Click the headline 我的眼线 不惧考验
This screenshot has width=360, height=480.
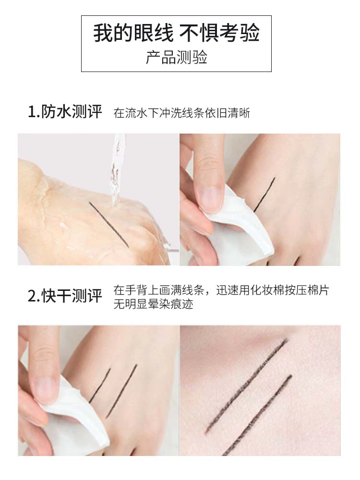(x=176, y=33)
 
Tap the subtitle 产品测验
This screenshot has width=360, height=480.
(x=176, y=57)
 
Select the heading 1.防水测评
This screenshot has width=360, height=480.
(x=65, y=111)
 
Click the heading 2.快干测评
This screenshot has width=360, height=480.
(x=65, y=296)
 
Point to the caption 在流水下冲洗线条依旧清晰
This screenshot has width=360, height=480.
(x=181, y=113)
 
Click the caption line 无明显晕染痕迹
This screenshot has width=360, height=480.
(x=154, y=304)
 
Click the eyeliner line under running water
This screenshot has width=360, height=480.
(x=109, y=224)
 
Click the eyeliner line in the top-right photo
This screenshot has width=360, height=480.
(x=264, y=194)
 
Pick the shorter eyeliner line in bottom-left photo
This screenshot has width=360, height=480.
(x=99, y=385)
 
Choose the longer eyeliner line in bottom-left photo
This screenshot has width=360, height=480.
(x=121, y=391)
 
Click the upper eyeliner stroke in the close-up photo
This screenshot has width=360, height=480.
(x=246, y=386)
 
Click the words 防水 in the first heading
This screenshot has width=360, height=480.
(x=56, y=111)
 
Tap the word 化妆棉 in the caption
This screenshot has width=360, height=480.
(x=267, y=290)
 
